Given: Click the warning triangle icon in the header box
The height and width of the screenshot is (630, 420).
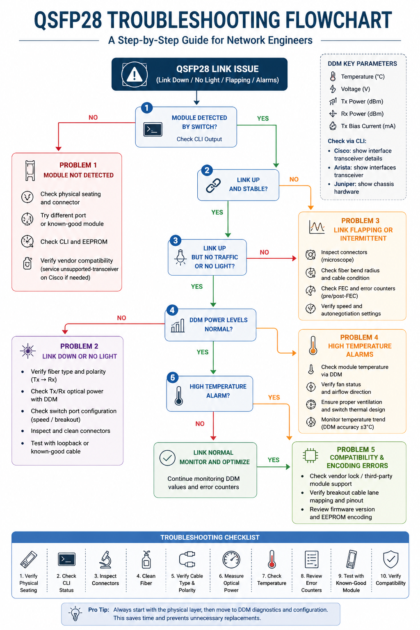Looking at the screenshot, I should pos(135,75).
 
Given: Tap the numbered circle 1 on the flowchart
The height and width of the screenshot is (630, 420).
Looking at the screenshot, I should pos(147,108).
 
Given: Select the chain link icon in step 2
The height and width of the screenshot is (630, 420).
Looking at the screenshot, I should pos(213,185).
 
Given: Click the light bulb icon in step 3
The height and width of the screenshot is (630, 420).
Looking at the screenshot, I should pos(180,257).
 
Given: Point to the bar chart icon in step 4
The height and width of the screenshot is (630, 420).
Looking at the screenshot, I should pos(178,326).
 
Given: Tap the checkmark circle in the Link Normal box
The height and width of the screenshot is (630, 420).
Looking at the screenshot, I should pos(167,458).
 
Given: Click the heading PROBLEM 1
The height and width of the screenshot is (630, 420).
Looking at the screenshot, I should pos(78,165).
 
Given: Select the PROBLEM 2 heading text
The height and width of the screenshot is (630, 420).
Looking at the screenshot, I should pos(79,346).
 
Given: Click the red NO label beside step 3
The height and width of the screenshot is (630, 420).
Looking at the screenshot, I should pos(265,252).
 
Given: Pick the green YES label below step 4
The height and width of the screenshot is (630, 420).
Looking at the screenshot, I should pos(203,352).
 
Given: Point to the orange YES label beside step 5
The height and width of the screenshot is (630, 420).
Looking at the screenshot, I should pos(274,397).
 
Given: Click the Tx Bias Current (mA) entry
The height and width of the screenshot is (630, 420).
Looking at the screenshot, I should pos(368,126).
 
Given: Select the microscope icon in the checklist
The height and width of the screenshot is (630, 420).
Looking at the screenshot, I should pos(105,559).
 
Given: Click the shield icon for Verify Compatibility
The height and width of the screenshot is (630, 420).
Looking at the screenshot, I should pos(390,559).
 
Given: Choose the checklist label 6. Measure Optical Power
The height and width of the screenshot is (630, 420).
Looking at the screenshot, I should pos(231,583).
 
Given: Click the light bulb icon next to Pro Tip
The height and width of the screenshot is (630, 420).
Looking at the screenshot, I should pos(75,614).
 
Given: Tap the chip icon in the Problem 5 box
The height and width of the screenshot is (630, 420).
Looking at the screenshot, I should pos(310,456).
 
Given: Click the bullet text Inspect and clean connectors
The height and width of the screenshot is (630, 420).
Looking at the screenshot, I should pos(71,431).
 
